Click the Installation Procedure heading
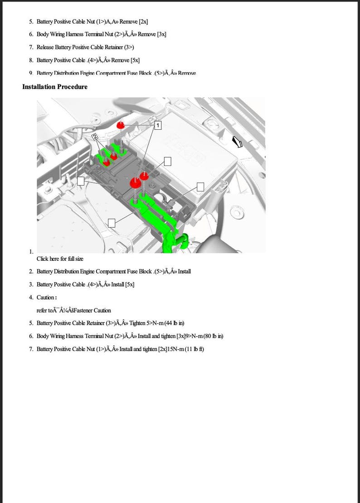55,87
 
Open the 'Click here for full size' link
60,259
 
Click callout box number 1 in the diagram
157,125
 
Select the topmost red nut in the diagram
121,125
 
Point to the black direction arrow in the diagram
237,142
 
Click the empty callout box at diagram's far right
200,186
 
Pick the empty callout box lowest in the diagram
112,222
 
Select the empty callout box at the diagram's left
81,181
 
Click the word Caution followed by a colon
46,298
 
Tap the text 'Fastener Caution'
92,311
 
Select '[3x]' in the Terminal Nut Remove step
161,34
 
